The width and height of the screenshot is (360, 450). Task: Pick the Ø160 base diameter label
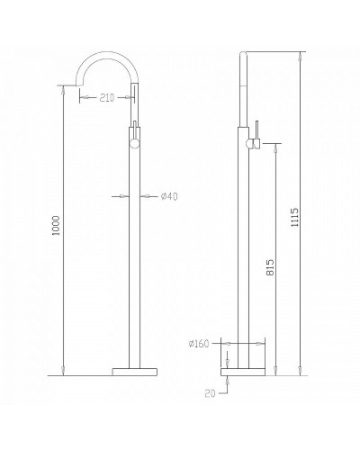tap(200, 343)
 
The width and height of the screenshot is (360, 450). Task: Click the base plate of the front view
tap(135, 370)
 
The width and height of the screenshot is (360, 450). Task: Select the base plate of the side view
tap(244, 370)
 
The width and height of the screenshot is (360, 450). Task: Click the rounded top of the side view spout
tap(244, 57)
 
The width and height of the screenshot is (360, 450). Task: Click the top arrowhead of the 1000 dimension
tap(63, 88)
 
